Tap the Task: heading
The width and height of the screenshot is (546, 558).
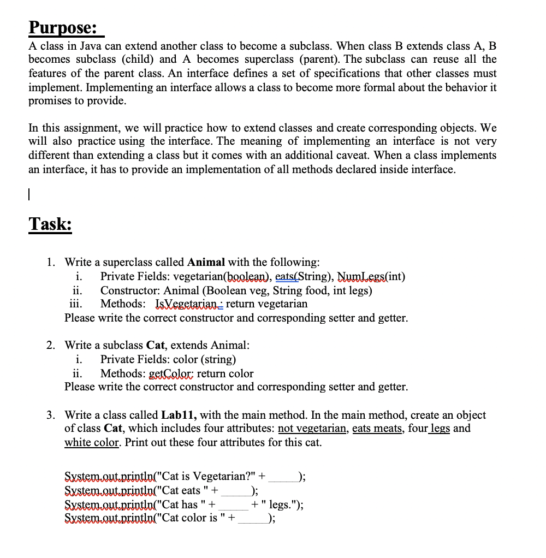click(50, 224)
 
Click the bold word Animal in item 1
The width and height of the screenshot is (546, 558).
click(207, 262)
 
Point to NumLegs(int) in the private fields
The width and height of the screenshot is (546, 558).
click(371, 276)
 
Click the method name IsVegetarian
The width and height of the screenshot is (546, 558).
click(187, 304)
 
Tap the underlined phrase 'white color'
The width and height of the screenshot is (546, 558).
click(91, 442)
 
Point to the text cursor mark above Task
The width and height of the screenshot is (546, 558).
click(31, 194)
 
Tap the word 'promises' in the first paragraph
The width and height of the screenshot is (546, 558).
click(50, 101)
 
